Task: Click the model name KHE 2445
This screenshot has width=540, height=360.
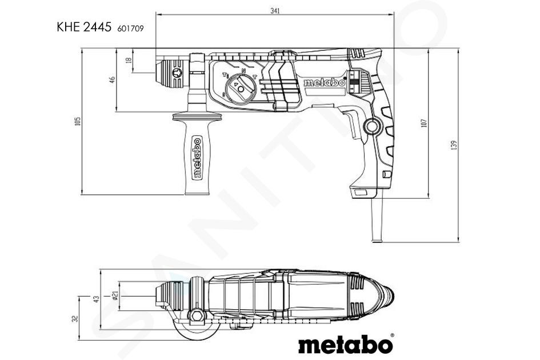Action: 84,27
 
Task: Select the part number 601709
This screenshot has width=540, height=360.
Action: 130,29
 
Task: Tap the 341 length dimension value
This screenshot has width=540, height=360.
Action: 275,11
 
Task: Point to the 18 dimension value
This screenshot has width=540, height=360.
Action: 129,60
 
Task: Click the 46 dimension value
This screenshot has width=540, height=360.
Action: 112,80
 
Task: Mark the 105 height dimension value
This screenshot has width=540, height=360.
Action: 78,121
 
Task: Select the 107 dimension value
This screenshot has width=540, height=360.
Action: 424,123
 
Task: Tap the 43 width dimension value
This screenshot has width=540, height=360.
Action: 97,299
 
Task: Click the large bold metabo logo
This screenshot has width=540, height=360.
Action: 346,344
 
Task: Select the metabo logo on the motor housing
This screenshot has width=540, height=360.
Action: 324,82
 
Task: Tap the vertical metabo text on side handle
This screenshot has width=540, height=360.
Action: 197,157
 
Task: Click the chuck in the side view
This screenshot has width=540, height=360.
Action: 171,73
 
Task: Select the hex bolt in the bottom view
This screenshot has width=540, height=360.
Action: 197,315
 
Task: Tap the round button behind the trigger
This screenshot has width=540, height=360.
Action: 373,126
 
